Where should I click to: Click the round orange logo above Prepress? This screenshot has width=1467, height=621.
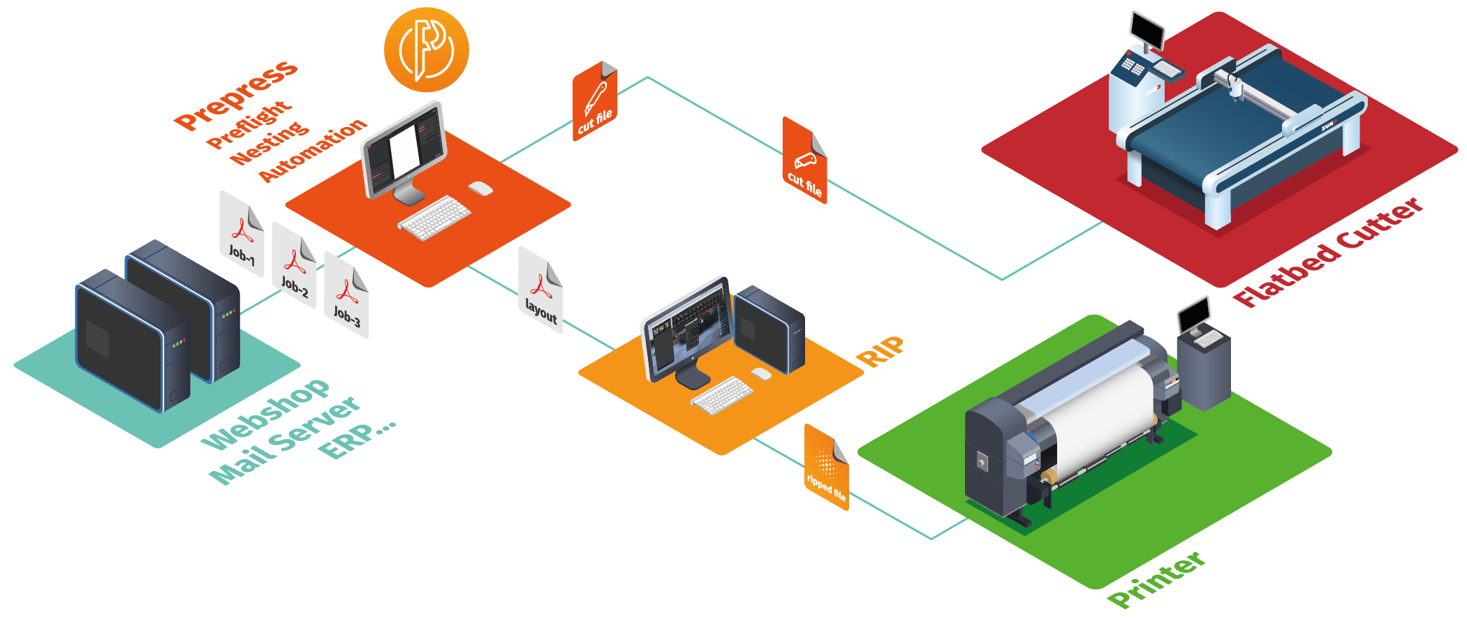coord(426,50)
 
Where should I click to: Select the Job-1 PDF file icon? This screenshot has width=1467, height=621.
coord(242,234)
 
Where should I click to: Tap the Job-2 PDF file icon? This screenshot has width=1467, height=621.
coord(294,265)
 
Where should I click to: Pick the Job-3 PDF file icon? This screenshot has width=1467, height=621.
coord(346,296)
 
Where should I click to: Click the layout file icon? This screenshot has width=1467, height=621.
coord(540,290)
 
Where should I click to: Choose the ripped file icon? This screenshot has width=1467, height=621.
coord(827,468)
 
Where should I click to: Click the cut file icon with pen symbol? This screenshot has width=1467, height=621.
coord(595,102)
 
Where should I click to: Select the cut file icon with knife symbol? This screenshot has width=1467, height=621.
coord(804,161)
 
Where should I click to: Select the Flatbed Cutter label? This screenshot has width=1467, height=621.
coord(1327,253)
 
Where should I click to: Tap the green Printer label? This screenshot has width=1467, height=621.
coord(1156,579)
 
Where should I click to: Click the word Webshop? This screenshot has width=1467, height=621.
coord(265,414)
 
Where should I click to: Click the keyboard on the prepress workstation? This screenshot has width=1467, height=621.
coord(434,218)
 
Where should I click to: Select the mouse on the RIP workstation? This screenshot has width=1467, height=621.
coord(761,373)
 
